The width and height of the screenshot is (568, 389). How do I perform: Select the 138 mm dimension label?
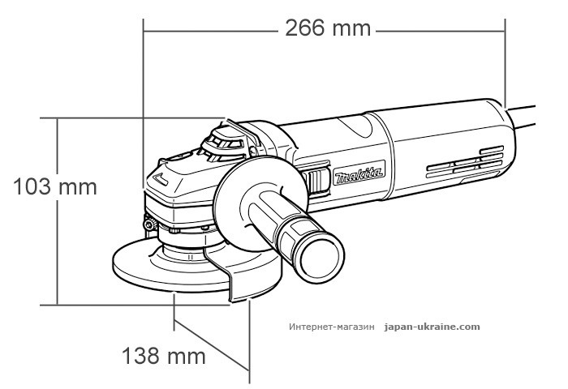point(163,356)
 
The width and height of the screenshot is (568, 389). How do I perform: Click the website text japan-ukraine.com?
point(434,327)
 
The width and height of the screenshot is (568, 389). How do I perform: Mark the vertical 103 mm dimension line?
point(58,243)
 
